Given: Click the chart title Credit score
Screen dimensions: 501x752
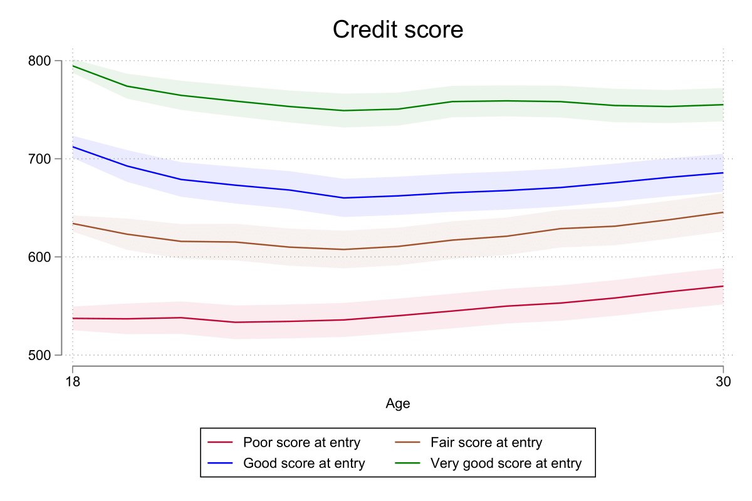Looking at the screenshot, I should (x=397, y=29).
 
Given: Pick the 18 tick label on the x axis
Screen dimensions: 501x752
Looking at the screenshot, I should (x=73, y=383).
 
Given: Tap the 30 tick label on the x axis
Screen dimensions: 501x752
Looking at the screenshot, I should (x=724, y=383).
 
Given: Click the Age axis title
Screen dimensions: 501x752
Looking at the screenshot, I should (x=398, y=404).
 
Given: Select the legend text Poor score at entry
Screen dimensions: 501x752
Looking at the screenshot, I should (x=301, y=443).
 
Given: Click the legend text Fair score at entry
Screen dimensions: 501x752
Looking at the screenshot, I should (x=486, y=443).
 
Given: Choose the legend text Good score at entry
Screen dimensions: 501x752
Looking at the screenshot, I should (x=304, y=463).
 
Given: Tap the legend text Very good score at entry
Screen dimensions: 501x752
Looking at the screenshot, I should (x=506, y=463).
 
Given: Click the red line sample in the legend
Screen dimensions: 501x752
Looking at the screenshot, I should (x=220, y=443).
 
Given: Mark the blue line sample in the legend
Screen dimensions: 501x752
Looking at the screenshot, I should (x=220, y=463).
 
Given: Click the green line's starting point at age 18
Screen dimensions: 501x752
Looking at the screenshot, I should (x=73, y=66).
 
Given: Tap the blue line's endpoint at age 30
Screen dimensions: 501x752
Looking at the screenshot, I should (x=723, y=173).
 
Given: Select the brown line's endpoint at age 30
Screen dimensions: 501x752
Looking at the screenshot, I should (x=723, y=212).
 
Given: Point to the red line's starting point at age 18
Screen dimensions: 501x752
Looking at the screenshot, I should (x=73, y=318).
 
